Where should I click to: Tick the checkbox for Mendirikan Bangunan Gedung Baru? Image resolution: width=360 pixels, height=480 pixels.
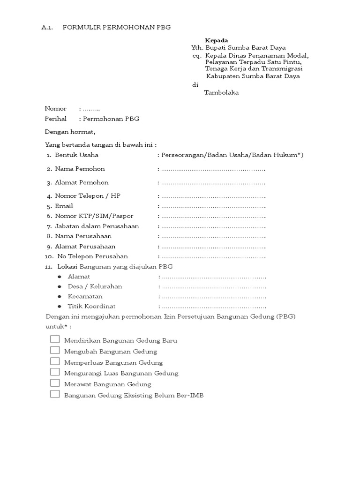click(55, 339)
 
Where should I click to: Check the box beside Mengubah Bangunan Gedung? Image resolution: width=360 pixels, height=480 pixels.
click(55, 350)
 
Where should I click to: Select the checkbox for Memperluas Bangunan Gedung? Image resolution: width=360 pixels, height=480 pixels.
click(55, 361)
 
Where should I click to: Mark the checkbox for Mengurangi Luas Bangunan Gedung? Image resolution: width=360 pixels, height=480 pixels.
click(55, 372)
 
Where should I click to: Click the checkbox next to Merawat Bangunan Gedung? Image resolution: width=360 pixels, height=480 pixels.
click(55, 383)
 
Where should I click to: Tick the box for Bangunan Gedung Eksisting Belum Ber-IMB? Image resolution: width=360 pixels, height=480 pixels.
click(55, 394)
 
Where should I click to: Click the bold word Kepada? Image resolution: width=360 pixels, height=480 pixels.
click(217, 40)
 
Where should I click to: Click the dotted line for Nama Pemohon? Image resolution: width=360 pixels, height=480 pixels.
click(213, 169)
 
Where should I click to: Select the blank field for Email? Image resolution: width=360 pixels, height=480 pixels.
click(213, 206)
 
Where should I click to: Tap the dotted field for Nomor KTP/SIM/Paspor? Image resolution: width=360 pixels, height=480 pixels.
click(213, 216)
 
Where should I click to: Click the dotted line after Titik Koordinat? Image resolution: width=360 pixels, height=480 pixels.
click(213, 307)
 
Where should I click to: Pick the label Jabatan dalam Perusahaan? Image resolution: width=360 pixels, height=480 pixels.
click(97, 226)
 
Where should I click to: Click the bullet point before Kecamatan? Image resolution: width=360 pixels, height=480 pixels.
click(60, 297)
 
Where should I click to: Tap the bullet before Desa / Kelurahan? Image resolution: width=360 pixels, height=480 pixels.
click(60, 286)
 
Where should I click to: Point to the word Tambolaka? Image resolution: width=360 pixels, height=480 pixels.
click(221, 93)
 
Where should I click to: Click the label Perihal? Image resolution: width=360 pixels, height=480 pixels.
click(56, 119)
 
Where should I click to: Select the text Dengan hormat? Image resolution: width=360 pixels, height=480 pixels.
click(70, 132)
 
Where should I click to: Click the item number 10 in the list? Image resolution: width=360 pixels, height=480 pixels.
click(49, 257)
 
